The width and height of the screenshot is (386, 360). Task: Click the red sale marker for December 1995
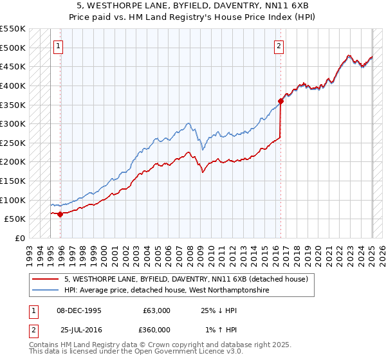coord(60,214)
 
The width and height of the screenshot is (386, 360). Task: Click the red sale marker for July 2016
coord(281,100)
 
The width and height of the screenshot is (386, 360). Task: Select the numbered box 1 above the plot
coord(59,46)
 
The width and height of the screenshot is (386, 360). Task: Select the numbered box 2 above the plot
coord(279,46)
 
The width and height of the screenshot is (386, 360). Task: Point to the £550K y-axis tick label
coord(13,29)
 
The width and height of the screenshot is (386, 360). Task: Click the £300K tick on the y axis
coord(13,123)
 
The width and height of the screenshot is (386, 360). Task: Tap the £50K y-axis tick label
coord(15,219)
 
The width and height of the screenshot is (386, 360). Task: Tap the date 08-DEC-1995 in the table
coord(79,310)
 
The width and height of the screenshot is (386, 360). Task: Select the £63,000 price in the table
coord(156,310)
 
